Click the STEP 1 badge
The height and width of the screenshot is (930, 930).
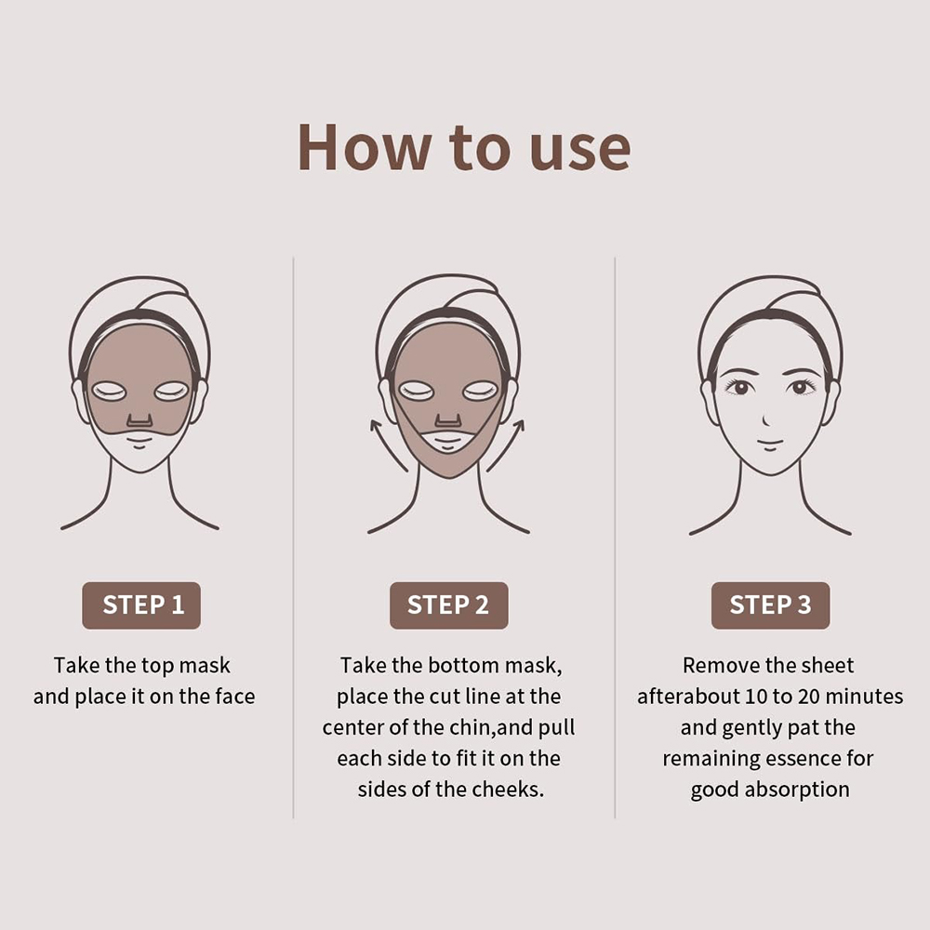click(141, 605)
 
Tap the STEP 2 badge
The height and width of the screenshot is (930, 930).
click(448, 605)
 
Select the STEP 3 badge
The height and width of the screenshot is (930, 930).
click(770, 605)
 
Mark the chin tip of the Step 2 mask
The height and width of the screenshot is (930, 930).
click(449, 474)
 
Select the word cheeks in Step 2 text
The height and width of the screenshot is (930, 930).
click(509, 790)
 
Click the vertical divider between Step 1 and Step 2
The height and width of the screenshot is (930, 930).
click(294, 539)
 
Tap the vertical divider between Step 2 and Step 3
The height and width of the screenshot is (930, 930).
click(615, 539)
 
